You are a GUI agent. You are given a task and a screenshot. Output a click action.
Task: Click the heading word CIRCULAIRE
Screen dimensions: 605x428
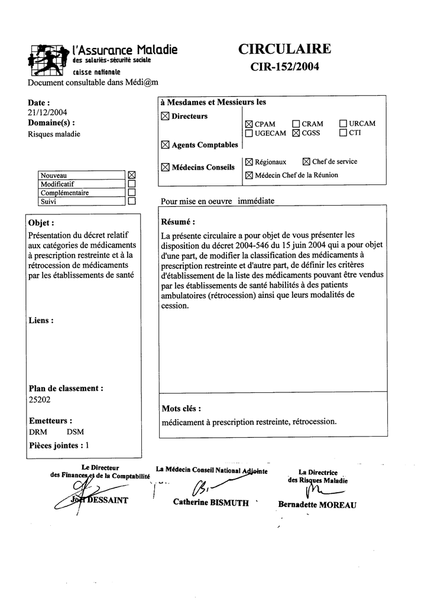(x=284, y=49)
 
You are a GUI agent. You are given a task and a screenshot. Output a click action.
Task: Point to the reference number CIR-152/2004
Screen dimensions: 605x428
(x=284, y=67)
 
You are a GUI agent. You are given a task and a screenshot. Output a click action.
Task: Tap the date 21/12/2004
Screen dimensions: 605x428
(x=47, y=112)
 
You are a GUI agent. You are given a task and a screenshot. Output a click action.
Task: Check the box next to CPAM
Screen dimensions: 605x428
(x=249, y=124)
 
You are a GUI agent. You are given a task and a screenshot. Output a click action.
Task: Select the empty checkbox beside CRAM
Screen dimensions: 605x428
(x=296, y=124)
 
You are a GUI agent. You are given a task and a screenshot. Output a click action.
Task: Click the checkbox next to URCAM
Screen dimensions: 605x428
(x=343, y=124)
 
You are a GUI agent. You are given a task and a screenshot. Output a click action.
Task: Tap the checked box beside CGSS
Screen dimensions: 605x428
(x=296, y=134)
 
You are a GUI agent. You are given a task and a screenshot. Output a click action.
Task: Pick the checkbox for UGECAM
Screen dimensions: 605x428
(x=249, y=134)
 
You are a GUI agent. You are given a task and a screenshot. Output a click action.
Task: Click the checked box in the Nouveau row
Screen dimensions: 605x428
(x=132, y=175)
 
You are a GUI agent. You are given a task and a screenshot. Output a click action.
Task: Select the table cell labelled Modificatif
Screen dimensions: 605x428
(x=82, y=184)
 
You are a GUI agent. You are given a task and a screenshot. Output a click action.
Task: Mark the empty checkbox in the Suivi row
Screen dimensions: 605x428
(x=132, y=201)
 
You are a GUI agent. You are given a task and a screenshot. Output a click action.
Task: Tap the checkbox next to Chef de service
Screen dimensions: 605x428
(x=306, y=161)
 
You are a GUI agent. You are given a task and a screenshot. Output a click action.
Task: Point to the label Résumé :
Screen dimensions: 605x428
(x=178, y=222)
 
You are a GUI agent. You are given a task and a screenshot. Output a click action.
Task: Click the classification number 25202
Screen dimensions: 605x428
(x=40, y=399)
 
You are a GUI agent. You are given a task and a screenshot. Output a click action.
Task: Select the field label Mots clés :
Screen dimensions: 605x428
(x=181, y=409)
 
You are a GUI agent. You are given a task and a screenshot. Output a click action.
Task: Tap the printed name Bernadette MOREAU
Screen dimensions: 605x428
(x=317, y=505)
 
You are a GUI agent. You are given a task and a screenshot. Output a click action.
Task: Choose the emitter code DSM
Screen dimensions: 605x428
(x=75, y=432)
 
